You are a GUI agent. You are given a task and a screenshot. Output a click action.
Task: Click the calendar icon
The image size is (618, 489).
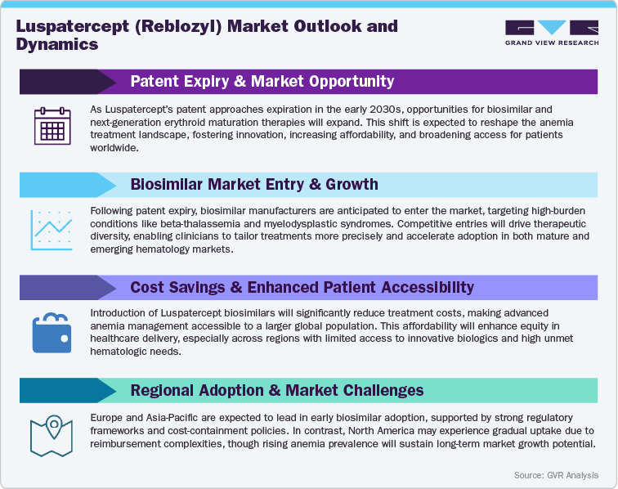click(x=52, y=127)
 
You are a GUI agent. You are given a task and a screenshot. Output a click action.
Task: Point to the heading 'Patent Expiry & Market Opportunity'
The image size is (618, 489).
click(x=262, y=81)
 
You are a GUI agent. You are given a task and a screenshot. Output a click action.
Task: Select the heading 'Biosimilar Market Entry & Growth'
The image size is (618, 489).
click(x=254, y=184)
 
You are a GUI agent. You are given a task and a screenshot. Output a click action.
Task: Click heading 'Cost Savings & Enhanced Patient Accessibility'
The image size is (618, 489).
click(x=302, y=287)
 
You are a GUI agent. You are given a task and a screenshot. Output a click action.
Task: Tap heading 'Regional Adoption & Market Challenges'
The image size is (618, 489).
click(x=277, y=390)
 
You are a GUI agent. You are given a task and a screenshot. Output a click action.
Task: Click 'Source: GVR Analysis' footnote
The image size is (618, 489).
click(x=556, y=475)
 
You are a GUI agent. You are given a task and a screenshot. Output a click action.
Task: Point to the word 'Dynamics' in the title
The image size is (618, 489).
click(x=57, y=45)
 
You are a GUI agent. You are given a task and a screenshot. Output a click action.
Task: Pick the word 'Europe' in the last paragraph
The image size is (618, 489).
click(x=109, y=418)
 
